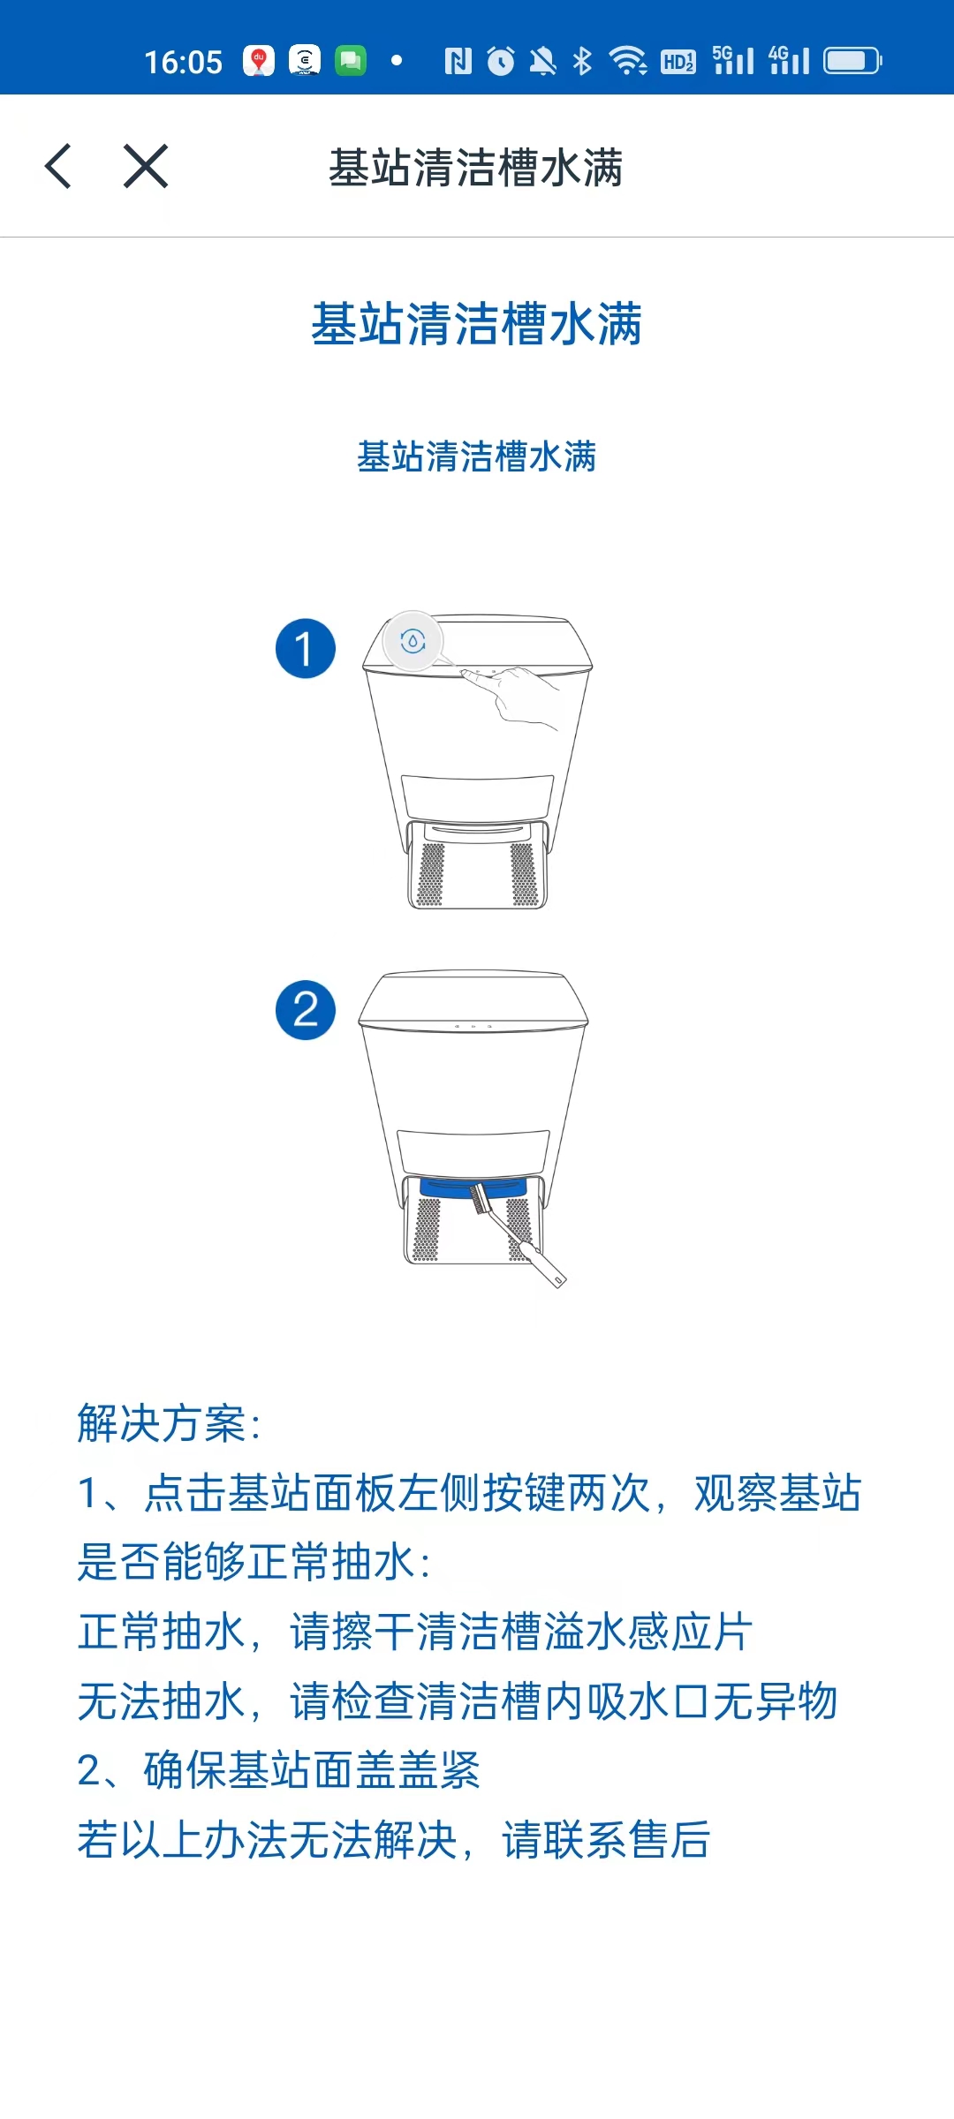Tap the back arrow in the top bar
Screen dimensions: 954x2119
click(58, 166)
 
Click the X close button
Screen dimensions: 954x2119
click(146, 166)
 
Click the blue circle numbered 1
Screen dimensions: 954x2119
click(306, 649)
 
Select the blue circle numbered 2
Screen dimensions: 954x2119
click(306, 1010)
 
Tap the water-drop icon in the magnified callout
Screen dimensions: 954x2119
click(413, 641)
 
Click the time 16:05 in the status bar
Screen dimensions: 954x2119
click(184, 63)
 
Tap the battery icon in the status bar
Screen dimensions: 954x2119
click(852, 61)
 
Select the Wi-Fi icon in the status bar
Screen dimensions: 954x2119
click(629, 61)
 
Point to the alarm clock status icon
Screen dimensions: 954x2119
click(501, 61)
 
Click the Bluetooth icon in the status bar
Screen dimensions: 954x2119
click(582, 61)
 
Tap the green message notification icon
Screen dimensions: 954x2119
click(351, 61)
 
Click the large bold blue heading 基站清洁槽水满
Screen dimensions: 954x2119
click(477, 324)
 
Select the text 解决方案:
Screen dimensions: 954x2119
click(170, 1423)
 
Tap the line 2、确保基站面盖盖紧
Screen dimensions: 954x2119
click(279, 1770)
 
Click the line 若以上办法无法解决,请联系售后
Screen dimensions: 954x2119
click(394, 1840)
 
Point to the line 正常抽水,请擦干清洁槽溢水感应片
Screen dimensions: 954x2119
click(415, 1632)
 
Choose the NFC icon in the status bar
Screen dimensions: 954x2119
click(458, 61)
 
